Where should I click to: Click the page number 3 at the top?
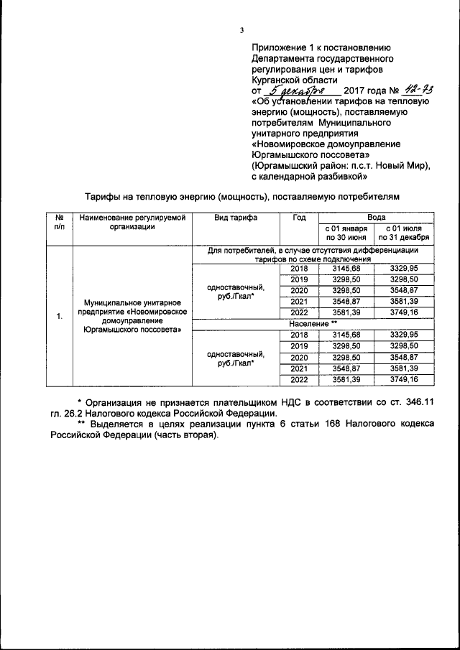tap(242, 29)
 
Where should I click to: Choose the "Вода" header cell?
tap(376, 216)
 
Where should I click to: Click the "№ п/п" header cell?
tap(59, 221)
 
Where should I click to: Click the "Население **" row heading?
tap(314, 324)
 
